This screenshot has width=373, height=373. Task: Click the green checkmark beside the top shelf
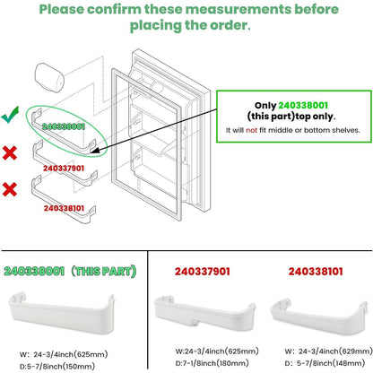10,116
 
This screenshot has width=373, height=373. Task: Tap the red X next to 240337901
10,152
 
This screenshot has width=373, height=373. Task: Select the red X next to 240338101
10,189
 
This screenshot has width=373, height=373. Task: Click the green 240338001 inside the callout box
303,105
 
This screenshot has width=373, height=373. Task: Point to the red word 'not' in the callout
251,130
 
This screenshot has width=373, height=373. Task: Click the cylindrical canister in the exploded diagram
49,78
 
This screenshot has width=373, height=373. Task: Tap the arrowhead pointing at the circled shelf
96,151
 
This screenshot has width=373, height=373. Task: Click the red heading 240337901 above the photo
203,272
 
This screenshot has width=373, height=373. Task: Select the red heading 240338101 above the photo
316,272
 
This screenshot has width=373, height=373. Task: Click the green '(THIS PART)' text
103,271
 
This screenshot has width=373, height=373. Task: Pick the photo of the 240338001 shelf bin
62,314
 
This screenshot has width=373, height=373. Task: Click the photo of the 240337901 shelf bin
204,314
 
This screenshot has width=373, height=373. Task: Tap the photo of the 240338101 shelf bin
319,316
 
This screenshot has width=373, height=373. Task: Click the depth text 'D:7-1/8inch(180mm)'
212,363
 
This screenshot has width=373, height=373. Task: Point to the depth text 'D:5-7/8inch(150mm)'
57,366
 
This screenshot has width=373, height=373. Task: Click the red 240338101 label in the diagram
64,208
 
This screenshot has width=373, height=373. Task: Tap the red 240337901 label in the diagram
64,169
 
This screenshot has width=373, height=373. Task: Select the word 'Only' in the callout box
265,106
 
